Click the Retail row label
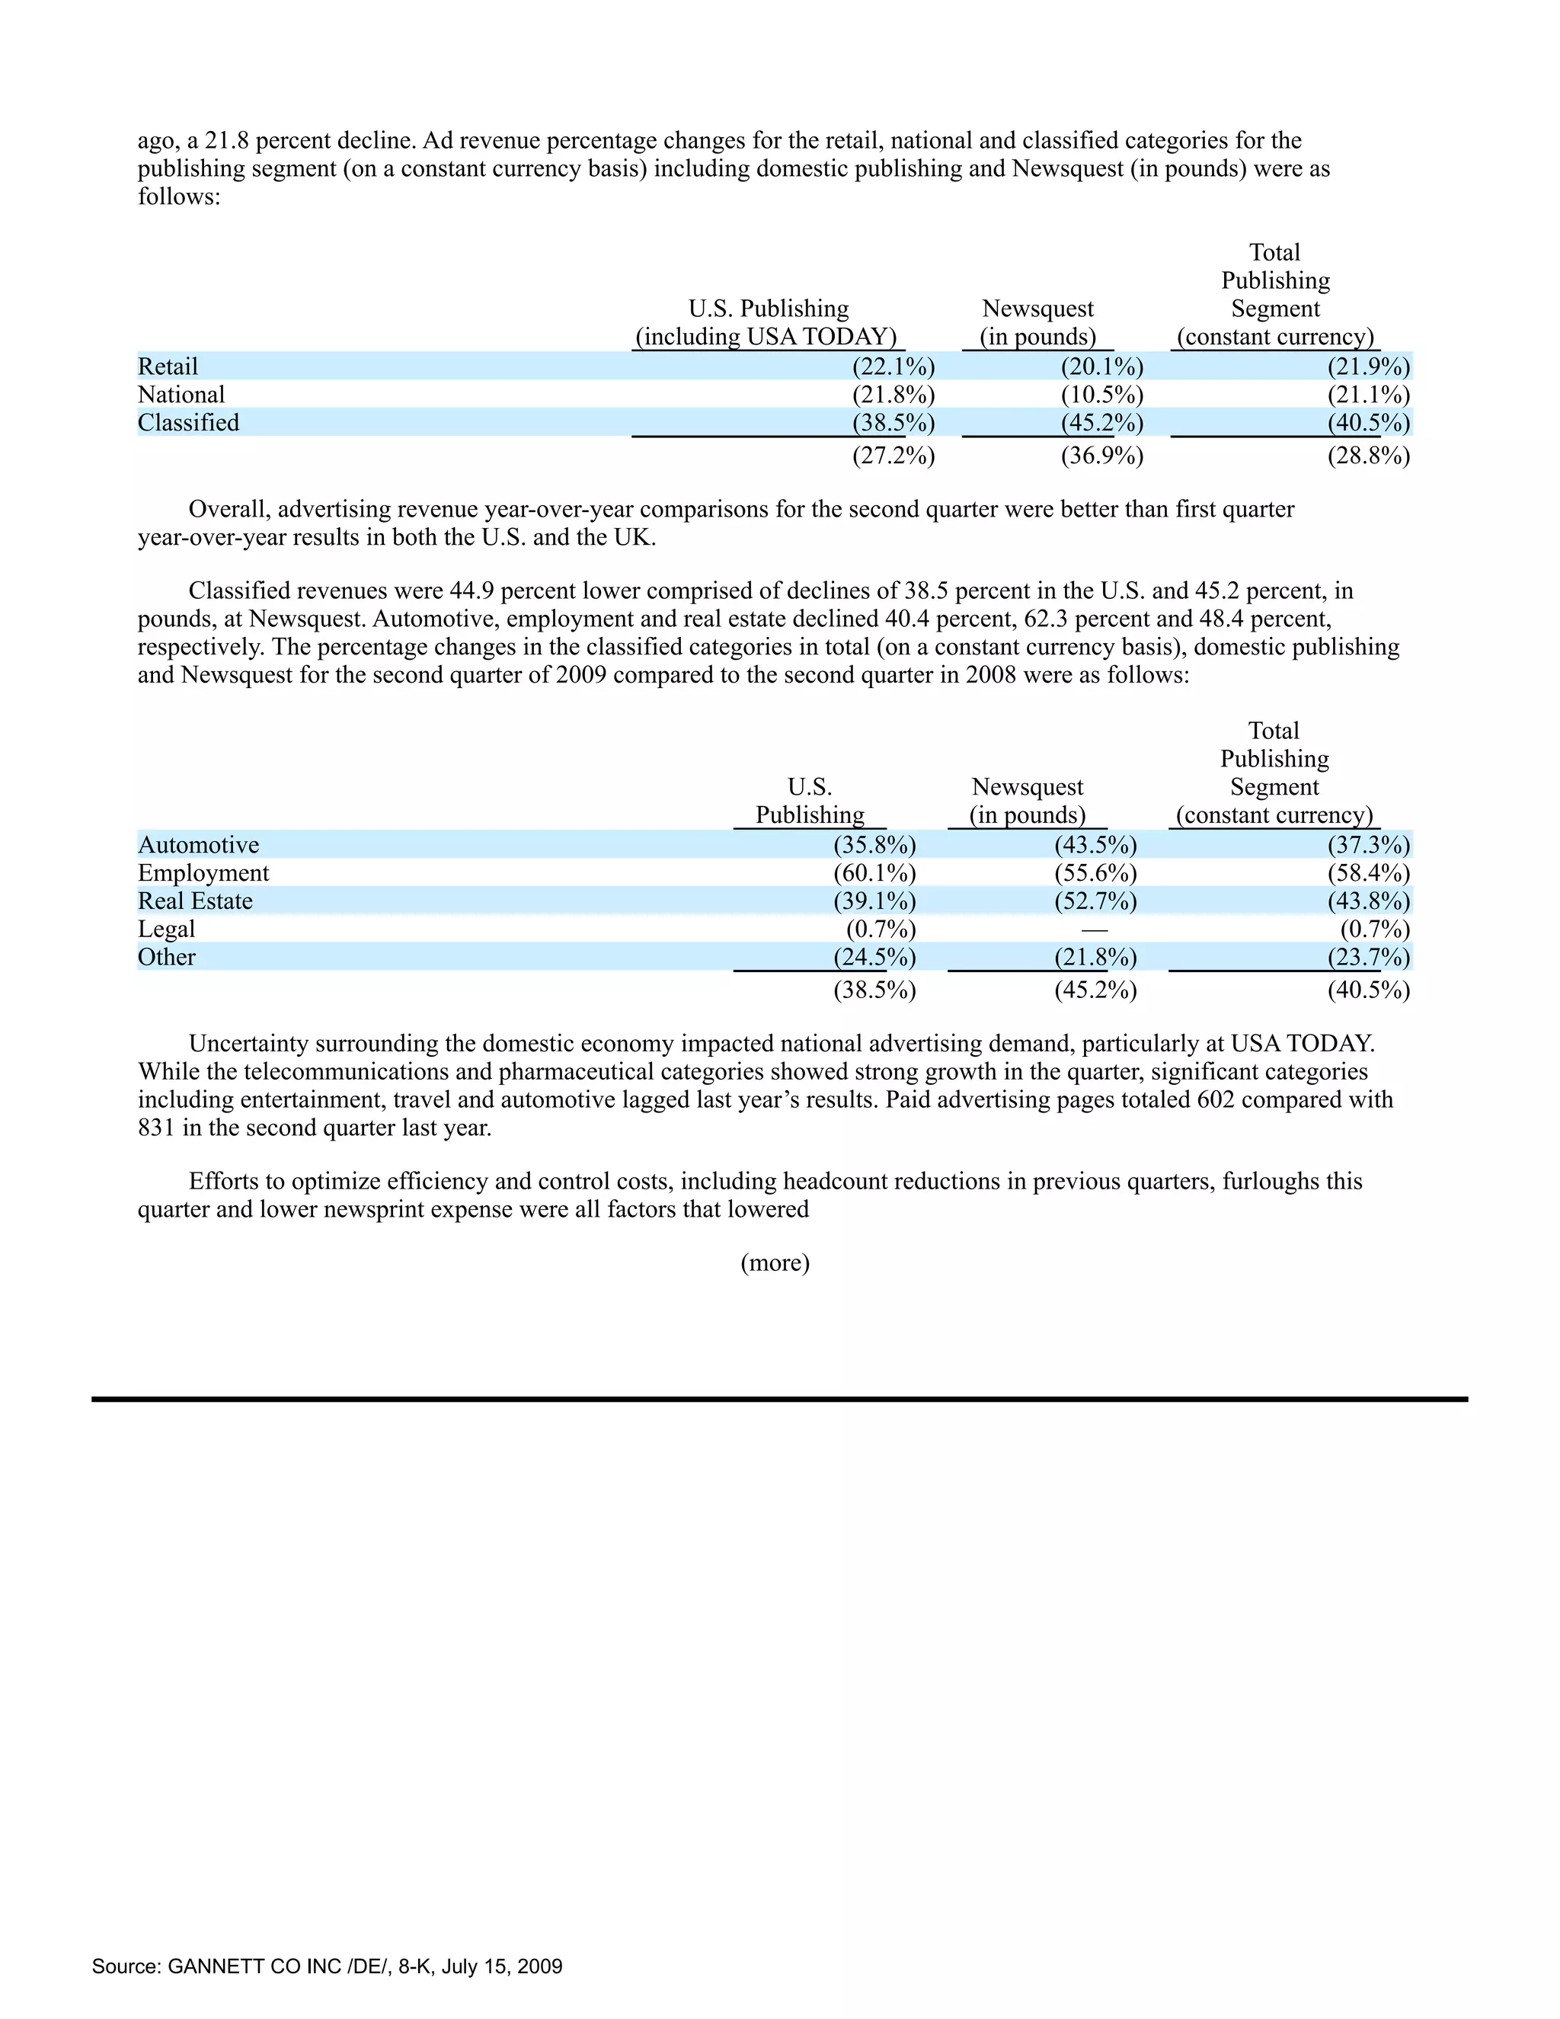[168, 367]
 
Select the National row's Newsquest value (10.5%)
[1101, 395]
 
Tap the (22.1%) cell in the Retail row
[893, 367]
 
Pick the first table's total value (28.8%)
[1368, 456]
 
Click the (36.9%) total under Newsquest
[1101, 456]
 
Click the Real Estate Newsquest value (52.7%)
[1095, 901]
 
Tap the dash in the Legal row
[1095, 929]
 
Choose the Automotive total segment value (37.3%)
[1368, 845]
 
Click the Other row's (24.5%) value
[874, 957]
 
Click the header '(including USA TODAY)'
[766, 337]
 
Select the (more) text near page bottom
[775, 1262]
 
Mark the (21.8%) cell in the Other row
[1095, 957]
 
